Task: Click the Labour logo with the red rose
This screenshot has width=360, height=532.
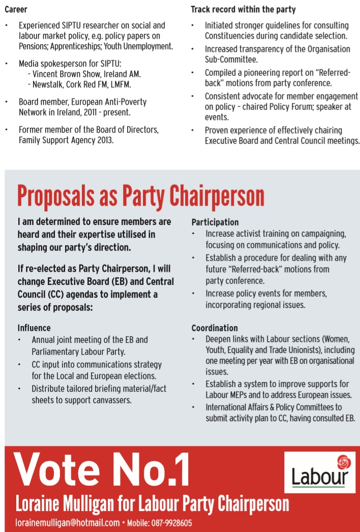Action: [319, 474]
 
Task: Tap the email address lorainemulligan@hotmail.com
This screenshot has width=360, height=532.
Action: [68, 523]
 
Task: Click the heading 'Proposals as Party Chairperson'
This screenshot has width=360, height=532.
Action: [140, 197]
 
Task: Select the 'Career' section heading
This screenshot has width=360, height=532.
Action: [16, 10]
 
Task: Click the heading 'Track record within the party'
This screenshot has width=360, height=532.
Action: [243, 10]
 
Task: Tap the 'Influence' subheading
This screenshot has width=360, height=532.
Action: [34, 328]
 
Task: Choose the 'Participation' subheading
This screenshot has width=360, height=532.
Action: [215, 222]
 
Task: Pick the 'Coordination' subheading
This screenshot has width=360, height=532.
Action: [215, 328]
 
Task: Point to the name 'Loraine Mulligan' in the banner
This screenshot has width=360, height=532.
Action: [63, 504]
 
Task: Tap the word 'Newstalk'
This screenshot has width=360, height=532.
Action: [50, 84]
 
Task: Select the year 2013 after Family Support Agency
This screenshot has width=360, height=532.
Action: [104, 140]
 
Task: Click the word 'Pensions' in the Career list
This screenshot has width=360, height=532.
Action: [35, 46]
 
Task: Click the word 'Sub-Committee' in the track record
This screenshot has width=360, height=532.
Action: [229, 59]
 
